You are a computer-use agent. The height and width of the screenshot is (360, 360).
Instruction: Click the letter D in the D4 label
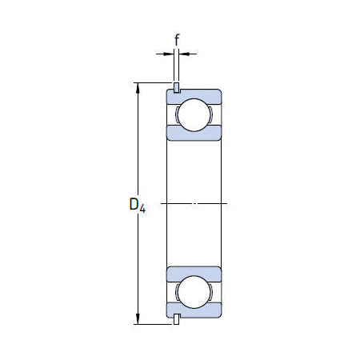[x=134, y=205]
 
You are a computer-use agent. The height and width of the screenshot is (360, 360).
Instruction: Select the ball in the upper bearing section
[x=193, y=115]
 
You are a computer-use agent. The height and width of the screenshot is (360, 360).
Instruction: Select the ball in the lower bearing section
[x=193, y=292]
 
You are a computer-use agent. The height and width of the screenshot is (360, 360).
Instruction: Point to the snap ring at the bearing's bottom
[x=175, y=321]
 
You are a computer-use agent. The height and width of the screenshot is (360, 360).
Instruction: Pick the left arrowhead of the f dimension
[x=169, y=54]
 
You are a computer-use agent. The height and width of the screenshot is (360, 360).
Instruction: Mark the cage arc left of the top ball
[x=175, y=115]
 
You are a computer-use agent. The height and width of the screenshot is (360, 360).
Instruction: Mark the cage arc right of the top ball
[x=211, y=115]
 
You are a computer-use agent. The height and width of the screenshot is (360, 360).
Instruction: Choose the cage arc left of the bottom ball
[x=175, y=292]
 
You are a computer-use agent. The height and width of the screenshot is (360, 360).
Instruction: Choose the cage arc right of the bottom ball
[x=211, y=292]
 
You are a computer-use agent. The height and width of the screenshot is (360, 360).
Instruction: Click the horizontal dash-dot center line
[x=193, y=204]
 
